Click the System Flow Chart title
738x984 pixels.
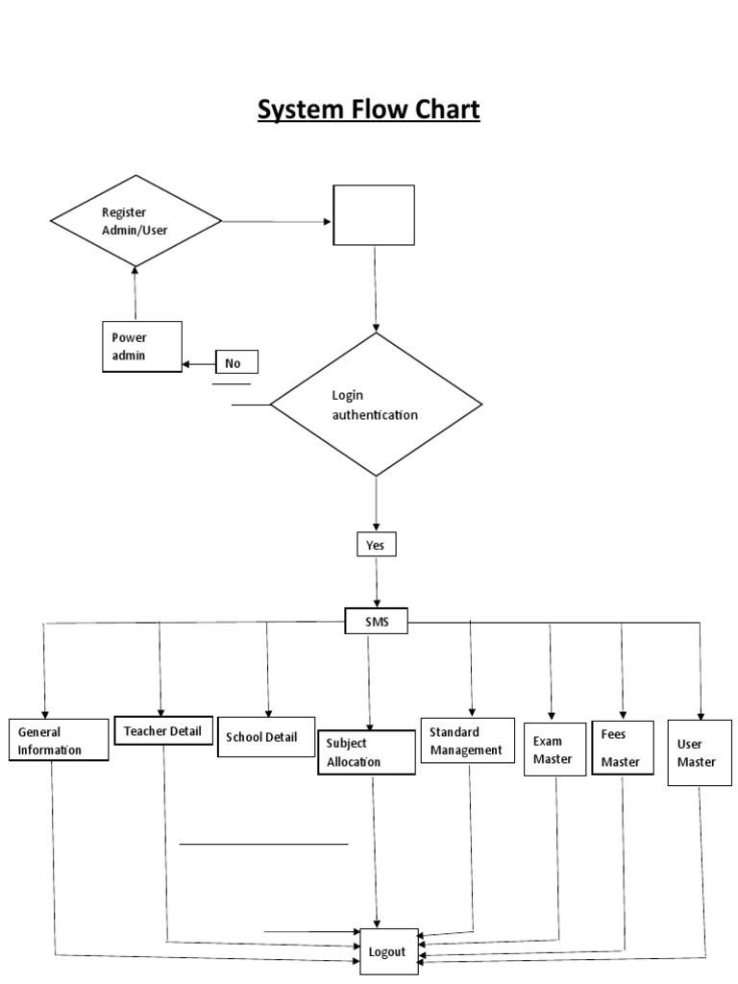pyautogui.click(x=368, y=111)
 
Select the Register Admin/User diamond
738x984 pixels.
pyautogui.click(x=135, y=221)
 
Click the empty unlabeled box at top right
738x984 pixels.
pyautogui.click(x=374, y=215)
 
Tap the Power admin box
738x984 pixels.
pyautogui.click(x=141, y=347)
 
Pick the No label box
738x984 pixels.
pyautogui.click(x=236, y=363)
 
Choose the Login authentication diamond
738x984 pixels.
pyautogui.click(x=376, y=405)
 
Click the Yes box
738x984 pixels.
pyautogui.click(x=375, y=545)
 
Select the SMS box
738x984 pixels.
pyautogui.click(x=376, y=622)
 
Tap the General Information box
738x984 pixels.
pyautogui.click(x=58, y=740)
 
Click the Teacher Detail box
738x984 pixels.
pyautogui.click(x=162, y=730)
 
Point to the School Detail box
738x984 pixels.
pyautogui.click(x=266, y=737)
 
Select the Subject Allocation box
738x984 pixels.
pyautogui.click(x=367, y=752)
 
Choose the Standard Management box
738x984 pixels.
pyautogui.click(x=466, y=741)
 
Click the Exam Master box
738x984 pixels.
pyautogui.click(x=553, y=750)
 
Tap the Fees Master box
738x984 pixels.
pyautogui.click(x=622, y=748)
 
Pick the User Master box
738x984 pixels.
pyautogui.click(x=700, y=752)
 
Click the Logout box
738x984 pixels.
pyautogui.click(x=389, y=951)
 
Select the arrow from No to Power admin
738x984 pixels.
pyautogui.click(x=199, y=364)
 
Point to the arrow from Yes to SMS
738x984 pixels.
pyautogui.click(x=376, y=581)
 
